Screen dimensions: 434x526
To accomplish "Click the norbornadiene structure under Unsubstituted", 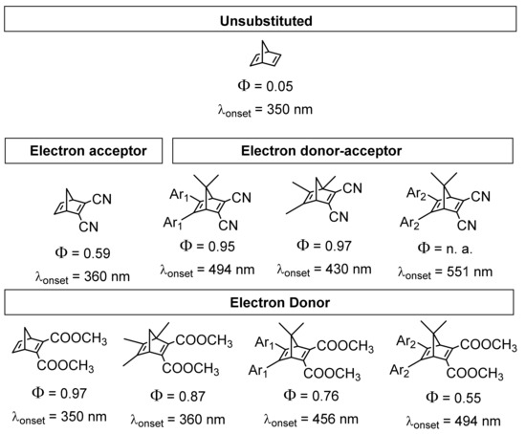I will (x=262, y=54).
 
